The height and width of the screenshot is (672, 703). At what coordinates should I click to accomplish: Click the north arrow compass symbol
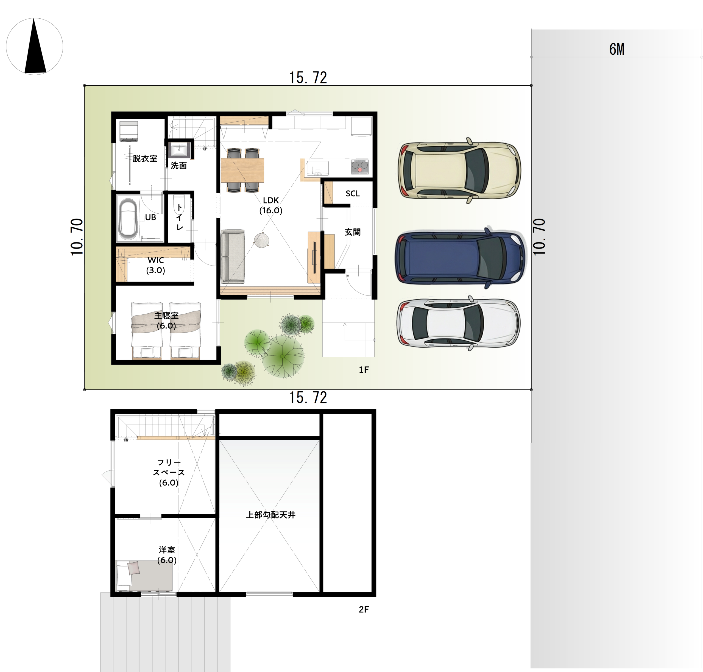click(x=35, y=47)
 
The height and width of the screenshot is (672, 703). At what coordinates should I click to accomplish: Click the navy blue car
click(x=461, y=258)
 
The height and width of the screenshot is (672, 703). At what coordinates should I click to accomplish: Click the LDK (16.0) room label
click(x=271, y=205)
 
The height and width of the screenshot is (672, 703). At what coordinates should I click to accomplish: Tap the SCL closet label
click(x=352, y=193)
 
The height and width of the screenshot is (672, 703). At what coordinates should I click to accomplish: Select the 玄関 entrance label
click(x=352, y=232)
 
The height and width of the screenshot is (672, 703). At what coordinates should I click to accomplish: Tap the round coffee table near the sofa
click(x=262, y=239)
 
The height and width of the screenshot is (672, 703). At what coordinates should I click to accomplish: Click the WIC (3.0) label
click(x=155, y=265)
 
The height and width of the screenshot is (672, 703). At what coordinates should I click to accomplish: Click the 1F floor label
click(x=364, y=370)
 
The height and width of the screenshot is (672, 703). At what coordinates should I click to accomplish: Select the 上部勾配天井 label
click(x=271, y=515)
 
